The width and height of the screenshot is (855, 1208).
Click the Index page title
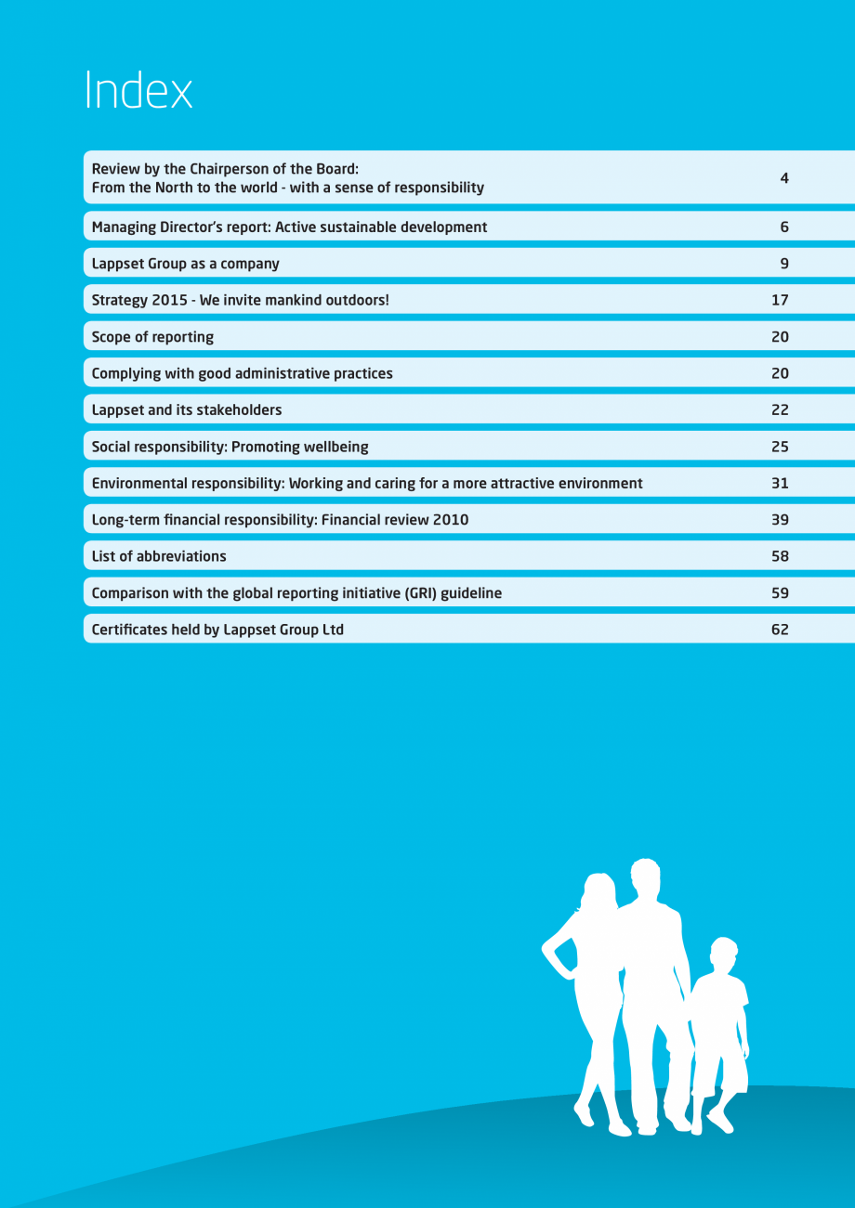click(x=138, y=91)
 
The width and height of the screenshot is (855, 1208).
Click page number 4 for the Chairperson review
click(x=784, y=177)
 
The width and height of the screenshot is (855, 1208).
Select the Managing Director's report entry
click(x=289, y=227)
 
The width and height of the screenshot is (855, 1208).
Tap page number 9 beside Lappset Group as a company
click(x=784, y=264)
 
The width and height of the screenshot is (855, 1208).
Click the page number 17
click(x=780, y=300)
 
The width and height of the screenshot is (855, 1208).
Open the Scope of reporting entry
click(x=152, y=337)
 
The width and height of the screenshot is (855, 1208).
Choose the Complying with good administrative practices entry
click(x=242, y=373)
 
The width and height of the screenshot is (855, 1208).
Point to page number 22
click(x=780, y=409)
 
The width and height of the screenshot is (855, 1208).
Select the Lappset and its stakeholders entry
click(x=186, y=409)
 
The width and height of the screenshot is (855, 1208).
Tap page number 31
click(x=780, y=483)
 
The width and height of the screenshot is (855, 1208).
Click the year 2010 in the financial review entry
click(x=451, y=520)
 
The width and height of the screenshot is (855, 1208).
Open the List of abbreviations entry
click(x=159, y=556)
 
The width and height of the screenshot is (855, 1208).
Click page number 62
click(x=780, y=630)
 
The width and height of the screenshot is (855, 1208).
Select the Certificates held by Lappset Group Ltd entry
click(x=217, y=630)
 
